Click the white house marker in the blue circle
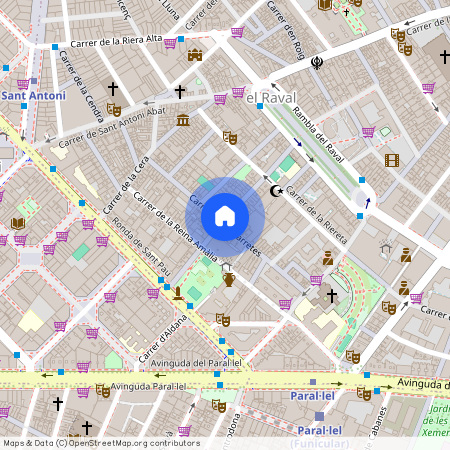coord(225,215)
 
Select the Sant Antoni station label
coord(34,97)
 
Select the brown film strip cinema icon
coord(391,160)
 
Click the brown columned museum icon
coord(183,121)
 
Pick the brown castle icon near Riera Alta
coord(195,54)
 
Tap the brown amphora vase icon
coord(229,279)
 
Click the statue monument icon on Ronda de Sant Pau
coord(177,293)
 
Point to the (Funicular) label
coord(317,443)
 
